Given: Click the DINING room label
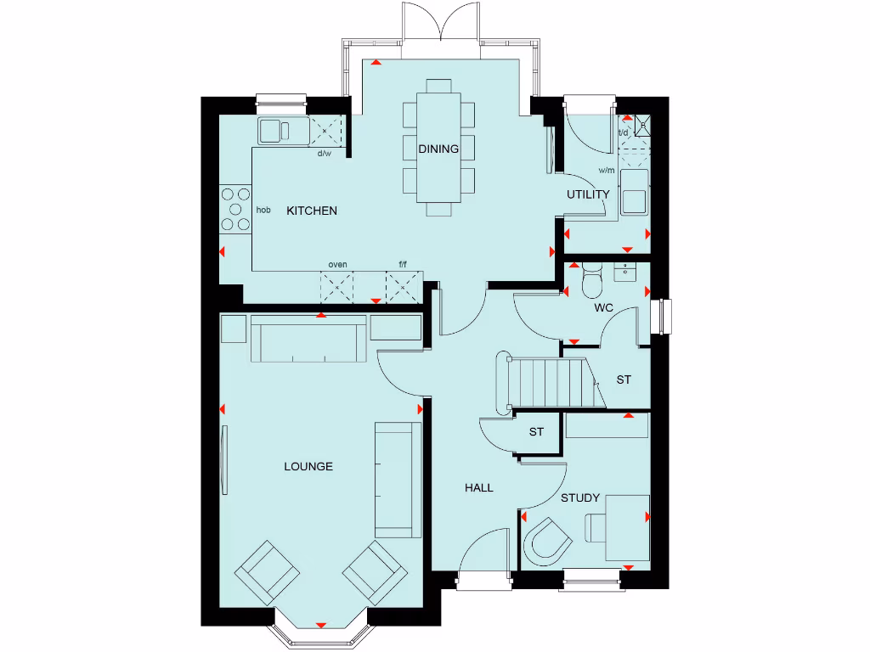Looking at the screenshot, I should [x=438, y=149].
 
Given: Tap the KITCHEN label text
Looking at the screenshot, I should [x=311, y=211].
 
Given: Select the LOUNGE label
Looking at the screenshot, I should [x=308, y=466].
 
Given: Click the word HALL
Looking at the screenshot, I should [x=478, y=488].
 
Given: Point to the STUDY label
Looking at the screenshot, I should [x=580, y=497].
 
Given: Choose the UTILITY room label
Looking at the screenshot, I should [x=589, y=194].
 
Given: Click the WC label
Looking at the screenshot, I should [x=603, y=307].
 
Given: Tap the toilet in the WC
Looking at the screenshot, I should [x=591, y=282].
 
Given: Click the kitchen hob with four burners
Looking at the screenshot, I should [x=235, y=209].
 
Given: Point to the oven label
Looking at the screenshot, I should [x=337, y=265].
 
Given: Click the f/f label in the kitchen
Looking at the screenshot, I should [x=404, y=265].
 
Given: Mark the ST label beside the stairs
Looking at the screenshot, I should [x=624, y=379].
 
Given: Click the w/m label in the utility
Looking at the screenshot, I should [x=606, y=170].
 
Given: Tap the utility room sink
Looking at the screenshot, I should [x=634, y=200].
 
